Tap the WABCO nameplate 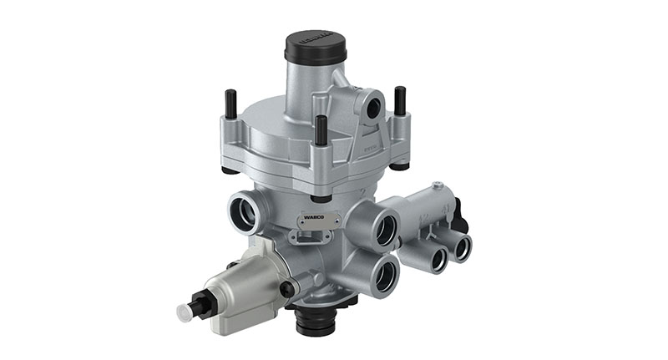[x=319, y=219]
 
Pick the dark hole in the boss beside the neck [x=372, y=105]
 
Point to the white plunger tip [x=185, y=313]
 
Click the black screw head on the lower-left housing [x=287, y=288]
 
